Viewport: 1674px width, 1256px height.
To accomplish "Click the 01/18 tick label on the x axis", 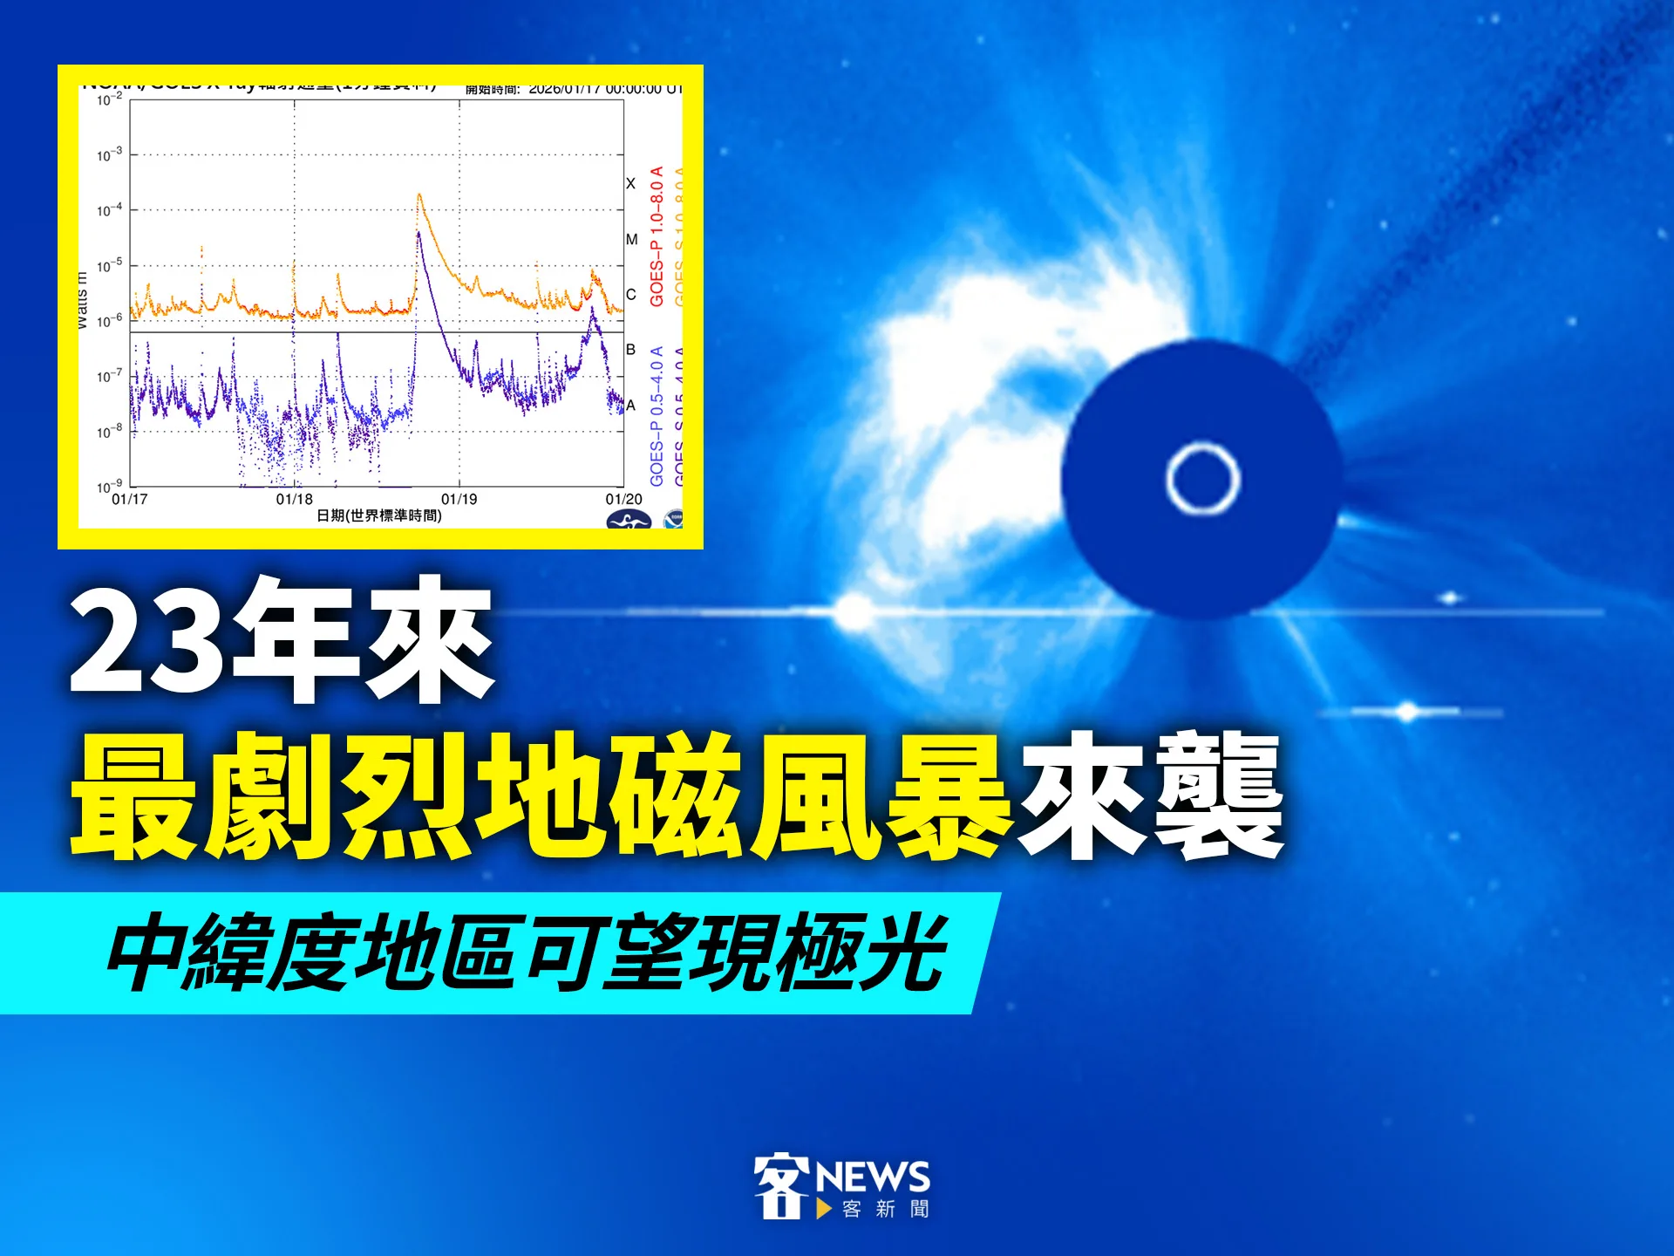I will click(294, 499).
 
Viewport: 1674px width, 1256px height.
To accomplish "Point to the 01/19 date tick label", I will click(459, 499).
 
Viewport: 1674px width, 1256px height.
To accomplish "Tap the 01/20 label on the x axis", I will click(623, 499).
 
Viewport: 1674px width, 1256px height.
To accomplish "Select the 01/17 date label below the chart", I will click(130, 499).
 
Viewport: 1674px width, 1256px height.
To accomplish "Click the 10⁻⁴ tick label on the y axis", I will click(109, 210).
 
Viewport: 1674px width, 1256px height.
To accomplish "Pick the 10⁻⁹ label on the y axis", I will click(109, 487).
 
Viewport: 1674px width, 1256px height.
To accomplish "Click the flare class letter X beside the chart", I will click(630, 183).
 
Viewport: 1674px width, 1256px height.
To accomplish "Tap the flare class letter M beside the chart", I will click(631, 239).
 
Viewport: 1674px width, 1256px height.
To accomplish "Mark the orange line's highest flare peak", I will click(419, 195).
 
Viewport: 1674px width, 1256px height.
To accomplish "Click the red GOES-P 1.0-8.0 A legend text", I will click(657, 235).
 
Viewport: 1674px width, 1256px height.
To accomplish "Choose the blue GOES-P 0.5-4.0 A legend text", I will click(657, 416).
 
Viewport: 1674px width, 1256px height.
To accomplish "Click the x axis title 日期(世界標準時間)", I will click(378, 515).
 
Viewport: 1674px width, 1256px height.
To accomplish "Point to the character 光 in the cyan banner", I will click(903, 952).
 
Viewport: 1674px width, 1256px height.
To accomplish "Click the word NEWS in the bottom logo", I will click(873, 1177).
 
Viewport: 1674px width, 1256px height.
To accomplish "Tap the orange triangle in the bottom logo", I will click(823, 1209).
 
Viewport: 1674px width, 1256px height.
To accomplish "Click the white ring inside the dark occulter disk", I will click(1202, 479).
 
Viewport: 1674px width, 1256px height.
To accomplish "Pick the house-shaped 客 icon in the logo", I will click(779, 1185).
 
